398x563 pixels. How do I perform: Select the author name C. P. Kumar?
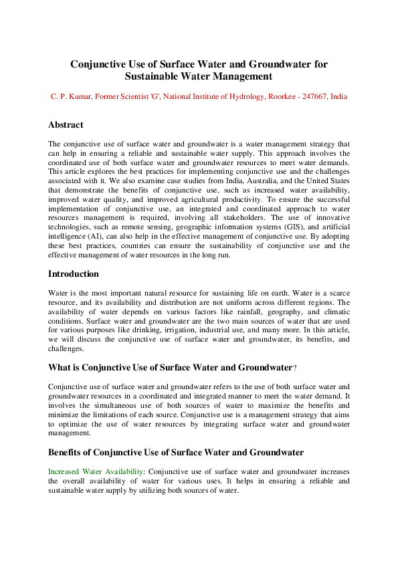[x=71, y=97]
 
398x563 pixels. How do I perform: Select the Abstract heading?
[x=66, y=125]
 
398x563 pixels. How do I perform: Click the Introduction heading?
[x=74, y=274]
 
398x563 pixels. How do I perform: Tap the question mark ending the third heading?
[x=295, y=368]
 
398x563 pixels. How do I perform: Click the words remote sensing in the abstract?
[x=149, y=227]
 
